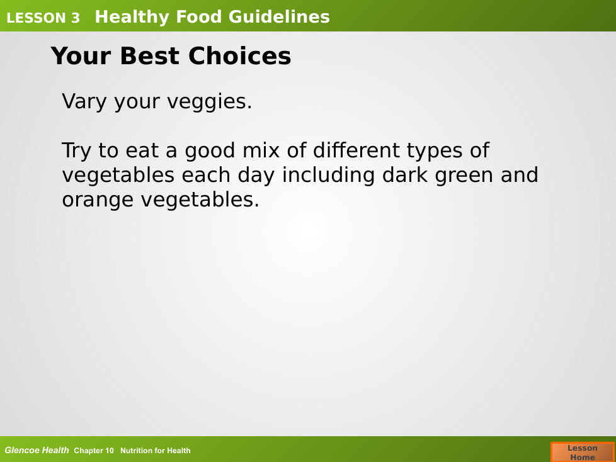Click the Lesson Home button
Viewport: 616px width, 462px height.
tap(583, 452)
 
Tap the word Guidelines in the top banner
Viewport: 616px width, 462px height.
tap(279, 17)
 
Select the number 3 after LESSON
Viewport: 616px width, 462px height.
tap(75, 18)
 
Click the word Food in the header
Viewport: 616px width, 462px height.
tap(199, 17)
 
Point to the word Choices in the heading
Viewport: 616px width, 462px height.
tap(239, 56)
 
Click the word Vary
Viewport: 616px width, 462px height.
tap(84, 102)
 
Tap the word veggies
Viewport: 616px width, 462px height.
tap(209, 103)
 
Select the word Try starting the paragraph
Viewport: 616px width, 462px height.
tap(76, 151)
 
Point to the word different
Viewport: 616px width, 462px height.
tap(355, 150)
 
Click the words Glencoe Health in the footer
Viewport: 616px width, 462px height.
tap(37, 450)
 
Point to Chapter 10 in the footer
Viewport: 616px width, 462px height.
tap(93, 451)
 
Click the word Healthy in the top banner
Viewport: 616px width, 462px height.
tap(132, 17)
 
